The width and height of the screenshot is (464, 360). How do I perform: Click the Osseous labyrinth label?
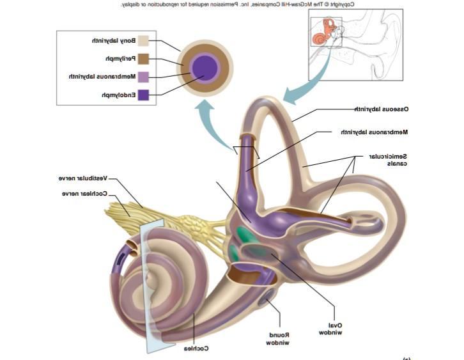382,109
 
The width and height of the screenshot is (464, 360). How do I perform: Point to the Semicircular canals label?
388,160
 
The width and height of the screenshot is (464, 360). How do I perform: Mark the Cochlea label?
196,348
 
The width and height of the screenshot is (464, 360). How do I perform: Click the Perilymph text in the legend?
120,59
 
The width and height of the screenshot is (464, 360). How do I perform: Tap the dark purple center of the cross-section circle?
205,67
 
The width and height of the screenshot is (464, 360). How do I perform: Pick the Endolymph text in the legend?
118,95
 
